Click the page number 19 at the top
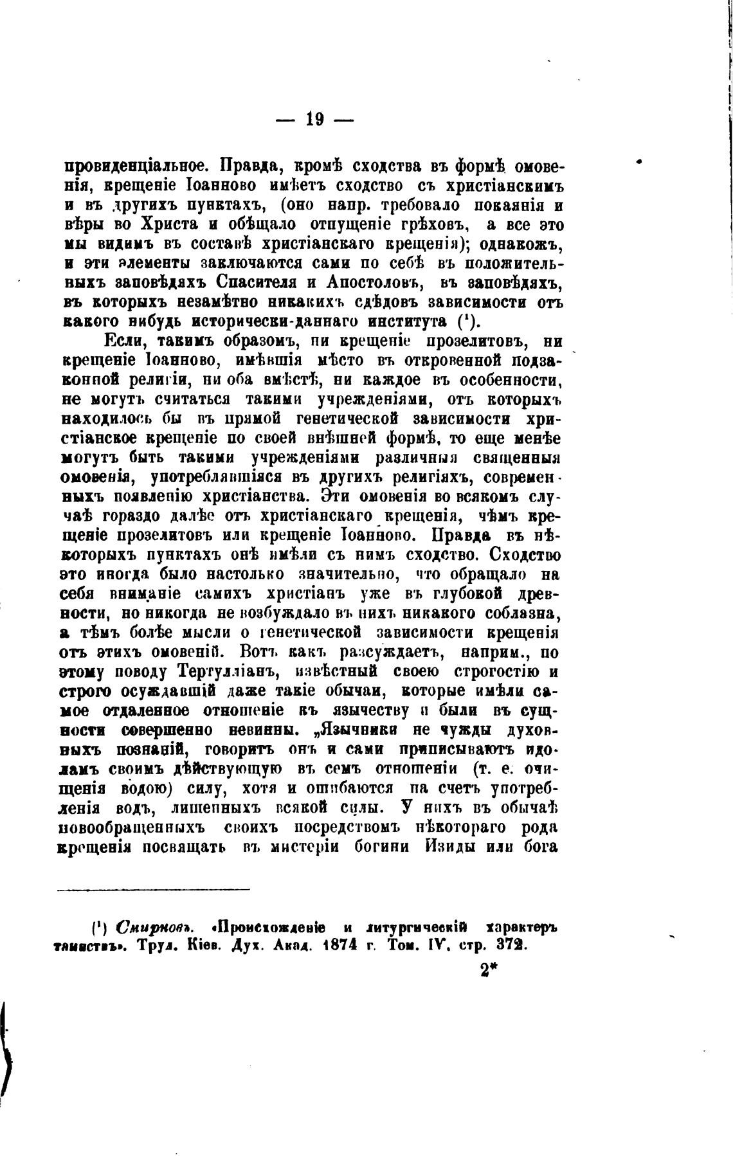pyautogui.click(x=314, y=119)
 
